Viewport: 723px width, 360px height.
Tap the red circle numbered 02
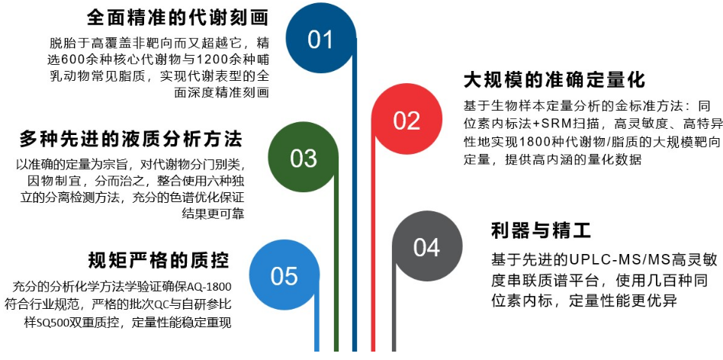[x=406, y=120]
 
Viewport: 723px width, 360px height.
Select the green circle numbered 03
[x=304, y=158]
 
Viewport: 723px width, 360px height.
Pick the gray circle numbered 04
[x=426, y=247]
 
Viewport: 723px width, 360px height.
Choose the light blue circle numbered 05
[x=284, y=275]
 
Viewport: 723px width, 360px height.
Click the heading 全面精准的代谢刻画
[x=178, y=16]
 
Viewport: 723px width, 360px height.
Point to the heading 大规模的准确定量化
[x=554, y=80]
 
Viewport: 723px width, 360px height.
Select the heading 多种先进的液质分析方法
[x=130, y=139]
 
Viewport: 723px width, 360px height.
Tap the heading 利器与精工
[x=541, y=230]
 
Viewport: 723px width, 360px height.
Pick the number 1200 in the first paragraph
[x=206, y=58]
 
